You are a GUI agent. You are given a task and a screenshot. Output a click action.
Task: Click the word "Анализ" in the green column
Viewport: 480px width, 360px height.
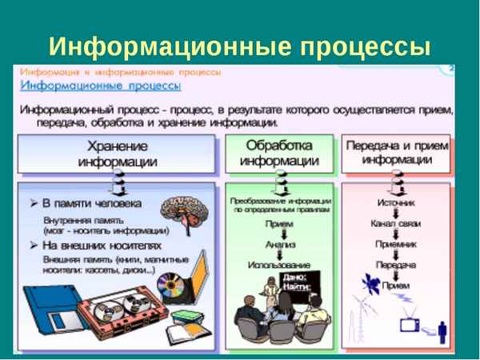click(x=279, y=243)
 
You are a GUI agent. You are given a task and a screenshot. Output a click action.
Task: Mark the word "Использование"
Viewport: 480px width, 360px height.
click(x=279, y=264)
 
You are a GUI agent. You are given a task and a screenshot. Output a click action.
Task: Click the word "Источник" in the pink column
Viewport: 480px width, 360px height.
click(x=395, y=204)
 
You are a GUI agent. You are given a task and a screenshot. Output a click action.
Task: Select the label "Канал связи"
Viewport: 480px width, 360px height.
click(x=395, y=224)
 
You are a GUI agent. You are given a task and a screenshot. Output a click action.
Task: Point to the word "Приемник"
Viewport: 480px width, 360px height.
click(x=395, y=245)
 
